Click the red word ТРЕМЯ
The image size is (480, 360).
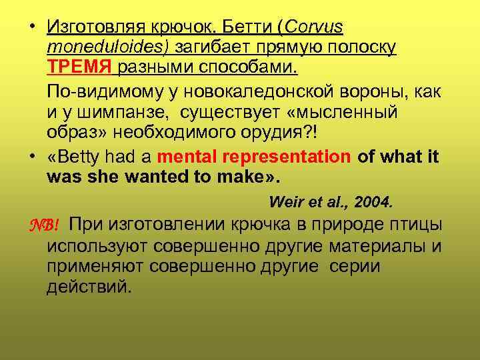tap(81, 67)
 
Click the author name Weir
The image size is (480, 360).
tap(283, 202)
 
